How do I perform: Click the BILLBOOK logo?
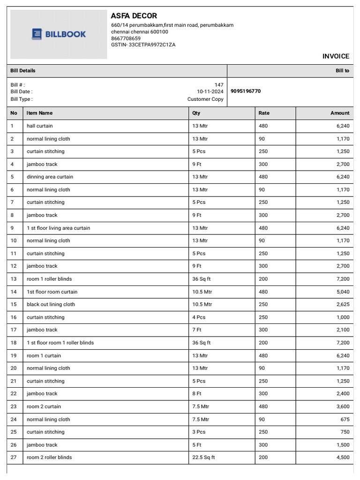[x=59, y=34]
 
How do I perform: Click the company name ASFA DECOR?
[x=134, y=16]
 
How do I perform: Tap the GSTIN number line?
[x=143, y=45]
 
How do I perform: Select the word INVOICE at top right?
[x=336, y=56]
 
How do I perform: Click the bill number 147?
[x=219, y=85]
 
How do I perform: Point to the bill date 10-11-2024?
[x=210, y=92]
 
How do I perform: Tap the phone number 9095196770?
[x=246, y=91]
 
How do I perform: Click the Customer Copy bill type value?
[x=205, y=99]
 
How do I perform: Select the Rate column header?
[x=264, y=113]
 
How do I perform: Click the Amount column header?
[x=339, y=113]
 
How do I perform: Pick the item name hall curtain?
[x=40, y=126]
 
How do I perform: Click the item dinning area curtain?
[x=50, y=177]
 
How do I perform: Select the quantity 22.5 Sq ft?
[x=203, y=457]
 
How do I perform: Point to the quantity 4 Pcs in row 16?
[x=199, y=317]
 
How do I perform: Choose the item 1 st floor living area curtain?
[x=58, y=228]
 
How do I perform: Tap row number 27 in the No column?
[x=14, y=457]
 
